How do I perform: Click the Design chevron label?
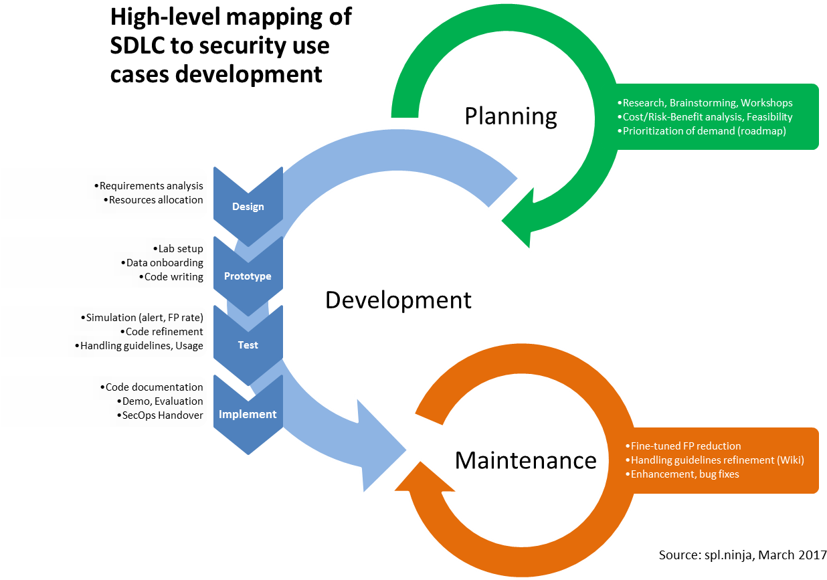[x=248, y=207]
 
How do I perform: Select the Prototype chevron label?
[x=248, y=276]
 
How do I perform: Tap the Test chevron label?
[x=248, y=345]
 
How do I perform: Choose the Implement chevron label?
[x=248, y=414]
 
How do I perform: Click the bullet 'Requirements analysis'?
[x=149, y=185]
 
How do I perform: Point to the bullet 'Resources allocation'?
[x=153, y=199]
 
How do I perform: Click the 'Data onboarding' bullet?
[x=162, y=263]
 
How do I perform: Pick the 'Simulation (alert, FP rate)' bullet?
[x=142, y=317]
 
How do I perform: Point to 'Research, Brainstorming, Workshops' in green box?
[x=705, y=103]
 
